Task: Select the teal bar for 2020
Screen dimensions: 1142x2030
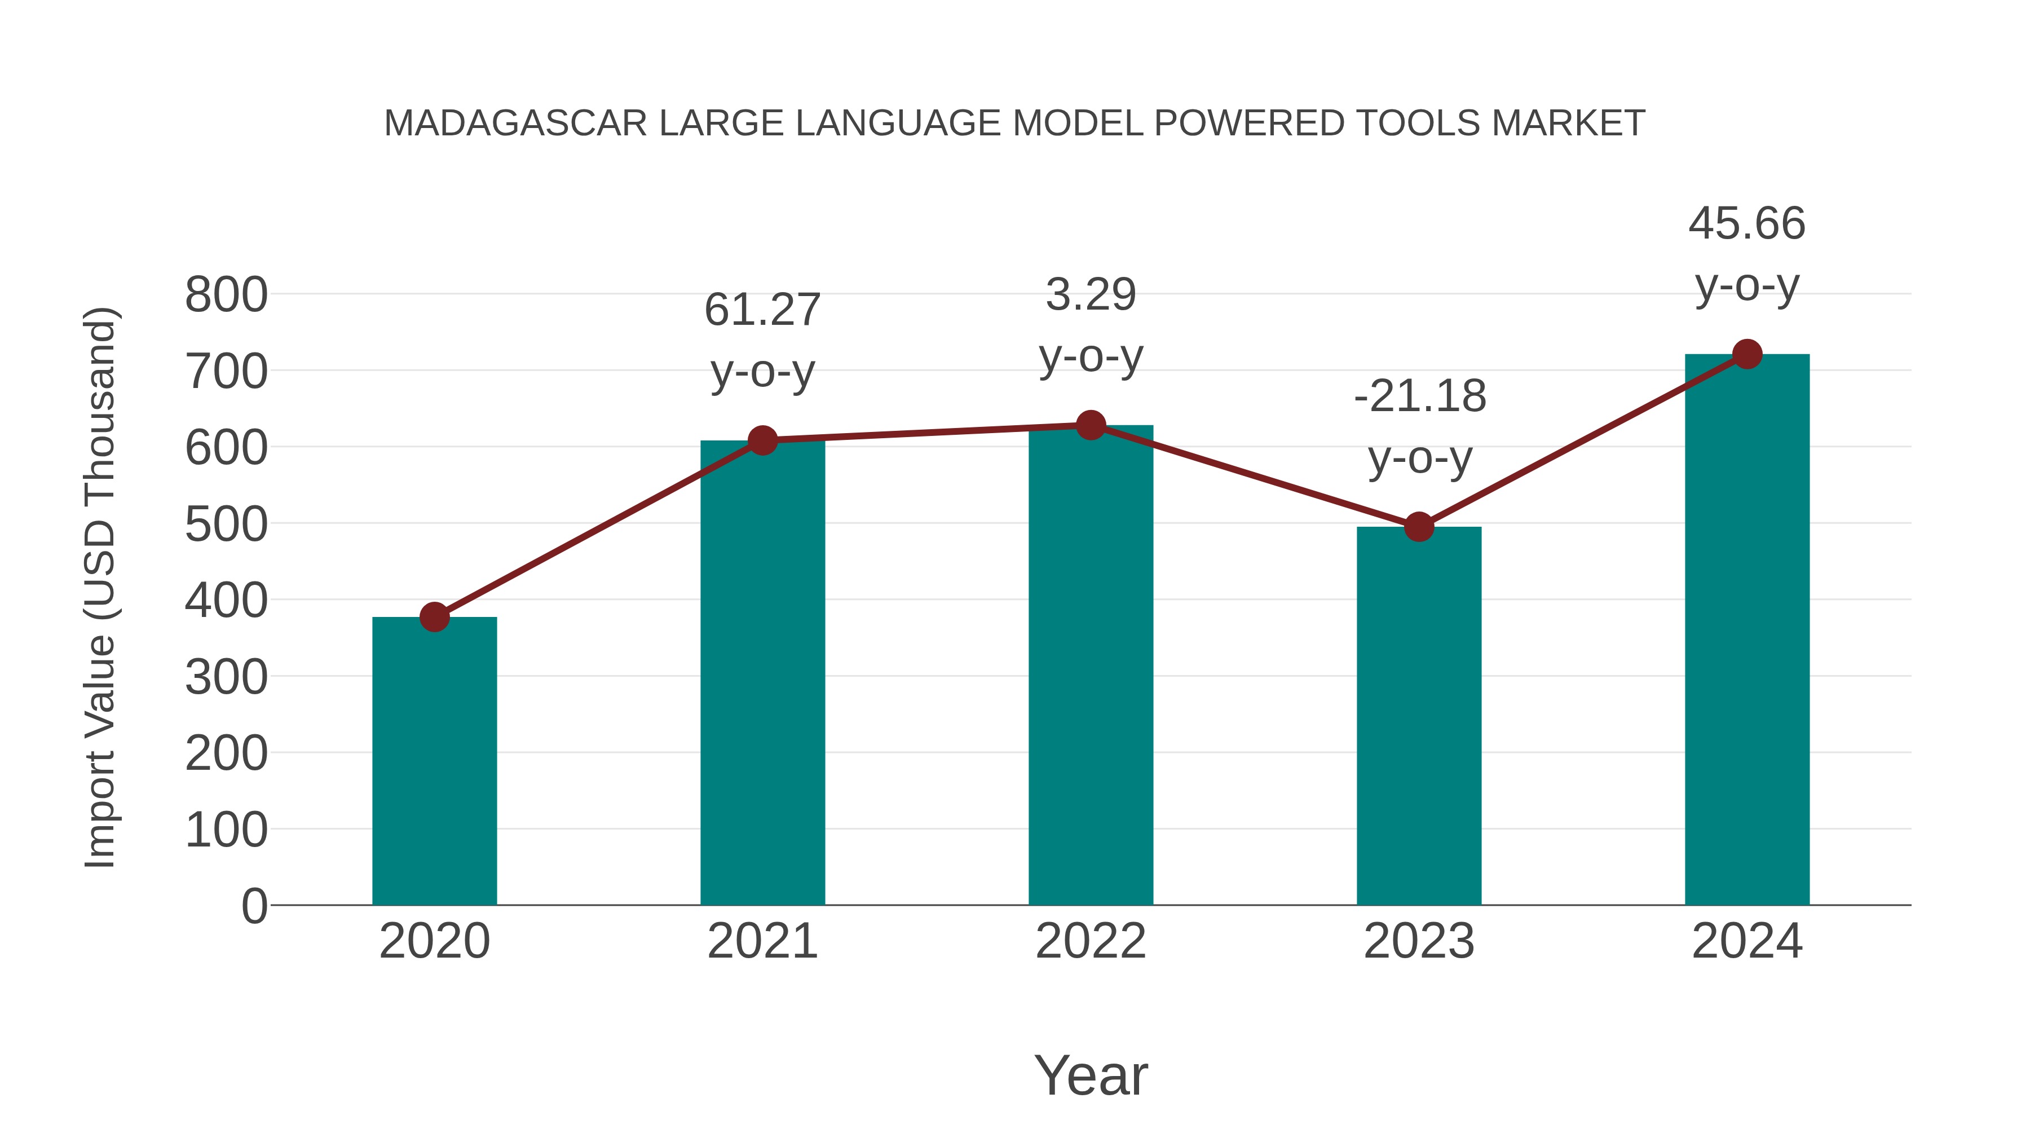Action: [434, 761]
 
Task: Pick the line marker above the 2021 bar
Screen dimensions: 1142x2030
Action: [762, 440]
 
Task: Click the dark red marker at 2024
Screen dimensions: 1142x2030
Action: [1747, 355]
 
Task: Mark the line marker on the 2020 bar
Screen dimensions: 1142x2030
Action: [434, 617]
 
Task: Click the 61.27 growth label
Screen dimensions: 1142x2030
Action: [762, 310]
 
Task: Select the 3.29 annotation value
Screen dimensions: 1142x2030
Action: [1091, 295]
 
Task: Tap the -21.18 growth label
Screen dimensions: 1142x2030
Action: [1419, 396]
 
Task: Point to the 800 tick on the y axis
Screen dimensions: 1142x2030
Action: [226, 296]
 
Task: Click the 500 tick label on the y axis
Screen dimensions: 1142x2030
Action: [226, 525]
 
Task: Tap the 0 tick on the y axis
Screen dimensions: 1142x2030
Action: [254, 906]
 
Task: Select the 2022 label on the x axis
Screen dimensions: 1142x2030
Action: [1091, 941]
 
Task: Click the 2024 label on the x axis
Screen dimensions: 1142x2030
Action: [1747, 941]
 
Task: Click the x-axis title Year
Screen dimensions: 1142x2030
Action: [1091, 1075]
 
